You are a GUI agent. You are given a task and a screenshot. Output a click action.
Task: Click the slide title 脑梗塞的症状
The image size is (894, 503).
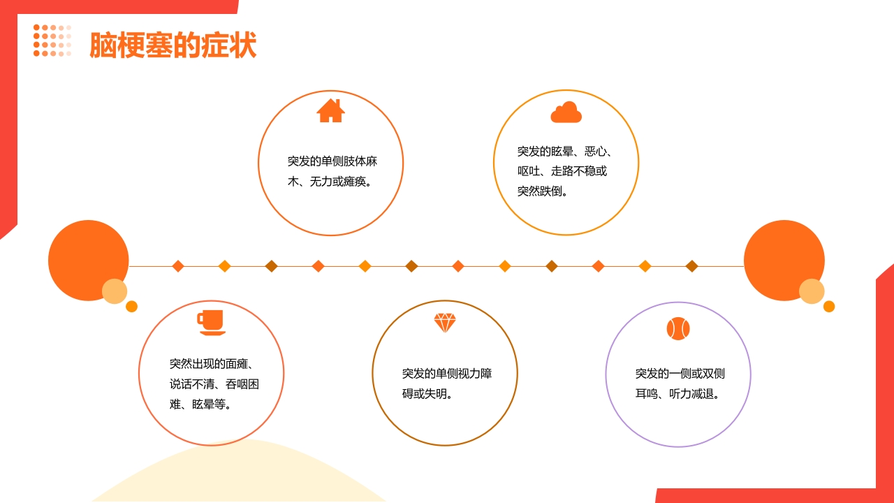coord(173,45)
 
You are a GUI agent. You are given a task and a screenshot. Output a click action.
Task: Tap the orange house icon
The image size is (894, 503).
coord(330,110)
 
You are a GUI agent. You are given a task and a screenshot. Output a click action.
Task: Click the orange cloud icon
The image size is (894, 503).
coord(566,112)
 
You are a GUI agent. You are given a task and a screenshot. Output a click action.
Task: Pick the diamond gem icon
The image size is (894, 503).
coord(444,323)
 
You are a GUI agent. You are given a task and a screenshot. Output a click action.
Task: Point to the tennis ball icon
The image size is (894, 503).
coord(677,328)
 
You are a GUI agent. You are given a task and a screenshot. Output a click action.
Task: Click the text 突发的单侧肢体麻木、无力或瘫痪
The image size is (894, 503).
coord(332,171)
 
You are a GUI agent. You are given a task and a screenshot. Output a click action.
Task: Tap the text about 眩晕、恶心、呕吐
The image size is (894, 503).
coord(566,171)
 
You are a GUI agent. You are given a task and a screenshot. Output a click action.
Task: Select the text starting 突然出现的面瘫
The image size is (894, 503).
coord(214,384)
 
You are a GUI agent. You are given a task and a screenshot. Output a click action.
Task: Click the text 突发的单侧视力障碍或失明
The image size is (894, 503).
coord(446,384)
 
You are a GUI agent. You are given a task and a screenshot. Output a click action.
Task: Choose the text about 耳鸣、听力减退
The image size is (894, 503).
coord(680,384)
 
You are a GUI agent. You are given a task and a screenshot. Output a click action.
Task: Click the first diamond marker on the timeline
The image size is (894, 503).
coord(178,266)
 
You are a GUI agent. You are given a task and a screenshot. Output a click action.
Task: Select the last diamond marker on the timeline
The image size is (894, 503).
coord(691,266)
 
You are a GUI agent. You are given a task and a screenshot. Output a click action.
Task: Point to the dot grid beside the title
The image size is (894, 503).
coord(52,41)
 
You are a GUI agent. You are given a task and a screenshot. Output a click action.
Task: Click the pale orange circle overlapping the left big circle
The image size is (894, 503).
coord(115,291)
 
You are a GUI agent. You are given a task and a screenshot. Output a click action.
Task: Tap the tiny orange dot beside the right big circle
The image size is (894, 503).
coord(829,306)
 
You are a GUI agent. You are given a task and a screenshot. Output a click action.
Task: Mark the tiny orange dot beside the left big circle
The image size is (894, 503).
coord(131,306)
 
